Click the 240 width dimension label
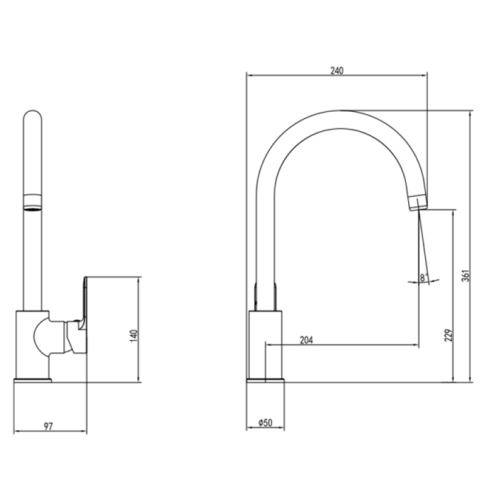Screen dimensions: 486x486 (337, 70)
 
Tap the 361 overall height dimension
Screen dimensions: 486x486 (465, 276)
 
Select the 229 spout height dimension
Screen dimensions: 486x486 (448, 335)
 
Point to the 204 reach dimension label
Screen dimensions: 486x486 (306, 340)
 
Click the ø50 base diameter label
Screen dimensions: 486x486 (265, 422)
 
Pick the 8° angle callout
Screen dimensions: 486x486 (424, 278)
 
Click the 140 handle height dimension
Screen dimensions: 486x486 (134, 336)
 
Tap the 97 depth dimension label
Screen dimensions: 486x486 (48, 426)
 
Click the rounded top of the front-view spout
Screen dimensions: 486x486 (33, 115)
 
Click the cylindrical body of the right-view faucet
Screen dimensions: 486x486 (265, 344)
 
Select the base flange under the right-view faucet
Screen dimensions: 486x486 (265, 380)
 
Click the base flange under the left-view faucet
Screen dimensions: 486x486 (33, 380)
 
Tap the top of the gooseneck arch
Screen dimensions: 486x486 (340, 111)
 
